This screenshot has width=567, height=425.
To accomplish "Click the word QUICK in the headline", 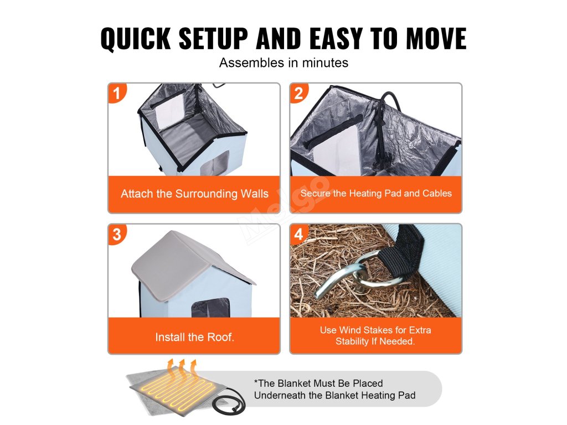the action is coord(136,38).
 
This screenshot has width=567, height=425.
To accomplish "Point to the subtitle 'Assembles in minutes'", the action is coord(283,63).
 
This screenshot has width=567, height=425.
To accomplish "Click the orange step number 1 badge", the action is coord(117,93).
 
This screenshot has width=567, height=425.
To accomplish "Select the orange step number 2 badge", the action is coord(298,93).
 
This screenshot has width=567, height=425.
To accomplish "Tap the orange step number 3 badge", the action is coord(117,234).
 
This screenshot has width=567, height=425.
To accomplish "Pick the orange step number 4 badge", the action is coord(298,234).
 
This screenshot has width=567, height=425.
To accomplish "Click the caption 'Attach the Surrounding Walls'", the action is coord(194,194).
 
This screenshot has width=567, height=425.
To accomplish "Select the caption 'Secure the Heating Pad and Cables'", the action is coord(376,193).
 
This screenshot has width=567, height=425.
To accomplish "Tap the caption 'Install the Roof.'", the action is coord(194,337).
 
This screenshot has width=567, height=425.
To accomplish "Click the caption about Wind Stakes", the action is coord(375,335).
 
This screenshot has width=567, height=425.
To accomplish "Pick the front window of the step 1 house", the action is coord(214,163).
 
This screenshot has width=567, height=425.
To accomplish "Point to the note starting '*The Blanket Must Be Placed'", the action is coord(334,389).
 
